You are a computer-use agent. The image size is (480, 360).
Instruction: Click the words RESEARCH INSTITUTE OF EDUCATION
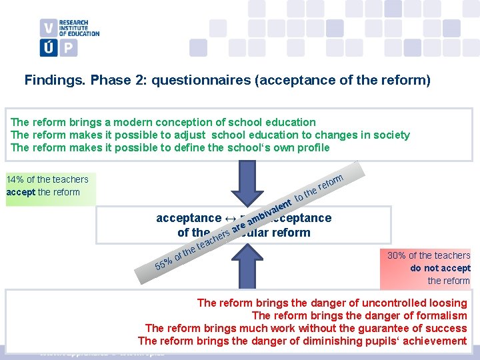click(x=79, y=28)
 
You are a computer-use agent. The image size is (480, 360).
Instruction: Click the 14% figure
click(x=15, y=179)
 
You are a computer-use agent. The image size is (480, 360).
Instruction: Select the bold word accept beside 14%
click(x=21, y=192)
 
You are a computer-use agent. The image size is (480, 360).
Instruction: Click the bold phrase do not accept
click(x=440, y=268)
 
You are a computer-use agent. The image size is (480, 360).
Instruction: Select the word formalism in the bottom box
click(x=443, y=315)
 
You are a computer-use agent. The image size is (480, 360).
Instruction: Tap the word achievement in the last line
click(x=435, y=341)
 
